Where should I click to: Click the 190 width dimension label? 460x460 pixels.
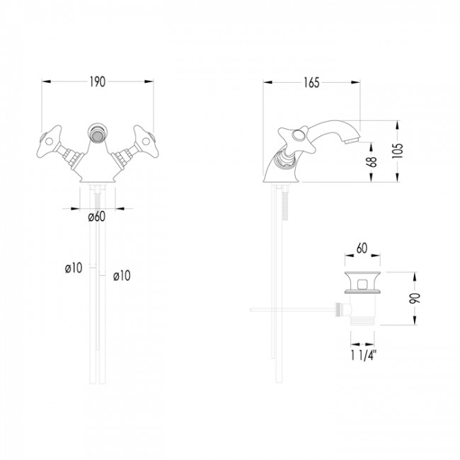pos(97,82)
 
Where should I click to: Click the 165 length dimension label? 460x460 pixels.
pos(311,82)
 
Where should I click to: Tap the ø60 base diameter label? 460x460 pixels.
pos(97,217)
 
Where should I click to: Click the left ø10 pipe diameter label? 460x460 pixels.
pos(73,268)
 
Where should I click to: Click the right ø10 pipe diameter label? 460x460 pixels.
pos(122,275)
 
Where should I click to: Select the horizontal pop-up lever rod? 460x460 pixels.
pos(290,309)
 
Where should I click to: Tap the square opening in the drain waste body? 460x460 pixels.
pos(362,285)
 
